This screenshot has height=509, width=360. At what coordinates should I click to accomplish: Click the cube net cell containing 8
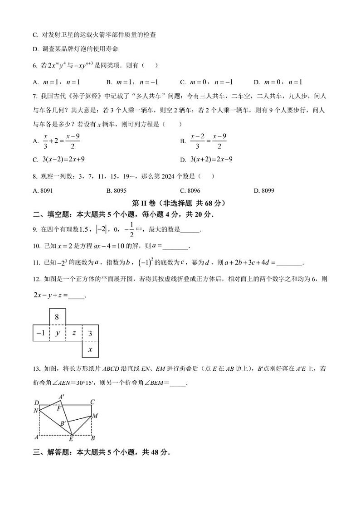coord(57,317)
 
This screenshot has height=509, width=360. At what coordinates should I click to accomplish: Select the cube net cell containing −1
coord(41,333)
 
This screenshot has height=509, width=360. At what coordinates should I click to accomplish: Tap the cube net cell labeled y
coord(57,333)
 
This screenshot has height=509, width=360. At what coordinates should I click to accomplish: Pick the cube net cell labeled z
coord(73,333)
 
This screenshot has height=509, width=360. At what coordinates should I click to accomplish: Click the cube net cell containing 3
coord(90,334)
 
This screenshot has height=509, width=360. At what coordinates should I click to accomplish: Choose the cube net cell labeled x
coord(90,349)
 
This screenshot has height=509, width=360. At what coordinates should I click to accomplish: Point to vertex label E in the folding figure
coord(70,439)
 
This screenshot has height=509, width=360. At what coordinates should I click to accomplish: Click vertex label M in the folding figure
coord(95,416)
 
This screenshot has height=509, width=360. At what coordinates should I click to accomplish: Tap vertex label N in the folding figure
coord(35,411)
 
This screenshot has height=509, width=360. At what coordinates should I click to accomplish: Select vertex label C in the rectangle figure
coord(92,401)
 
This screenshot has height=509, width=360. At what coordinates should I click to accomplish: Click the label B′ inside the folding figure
coord(64,424)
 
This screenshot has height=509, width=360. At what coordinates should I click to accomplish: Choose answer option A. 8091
coord(43,191)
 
